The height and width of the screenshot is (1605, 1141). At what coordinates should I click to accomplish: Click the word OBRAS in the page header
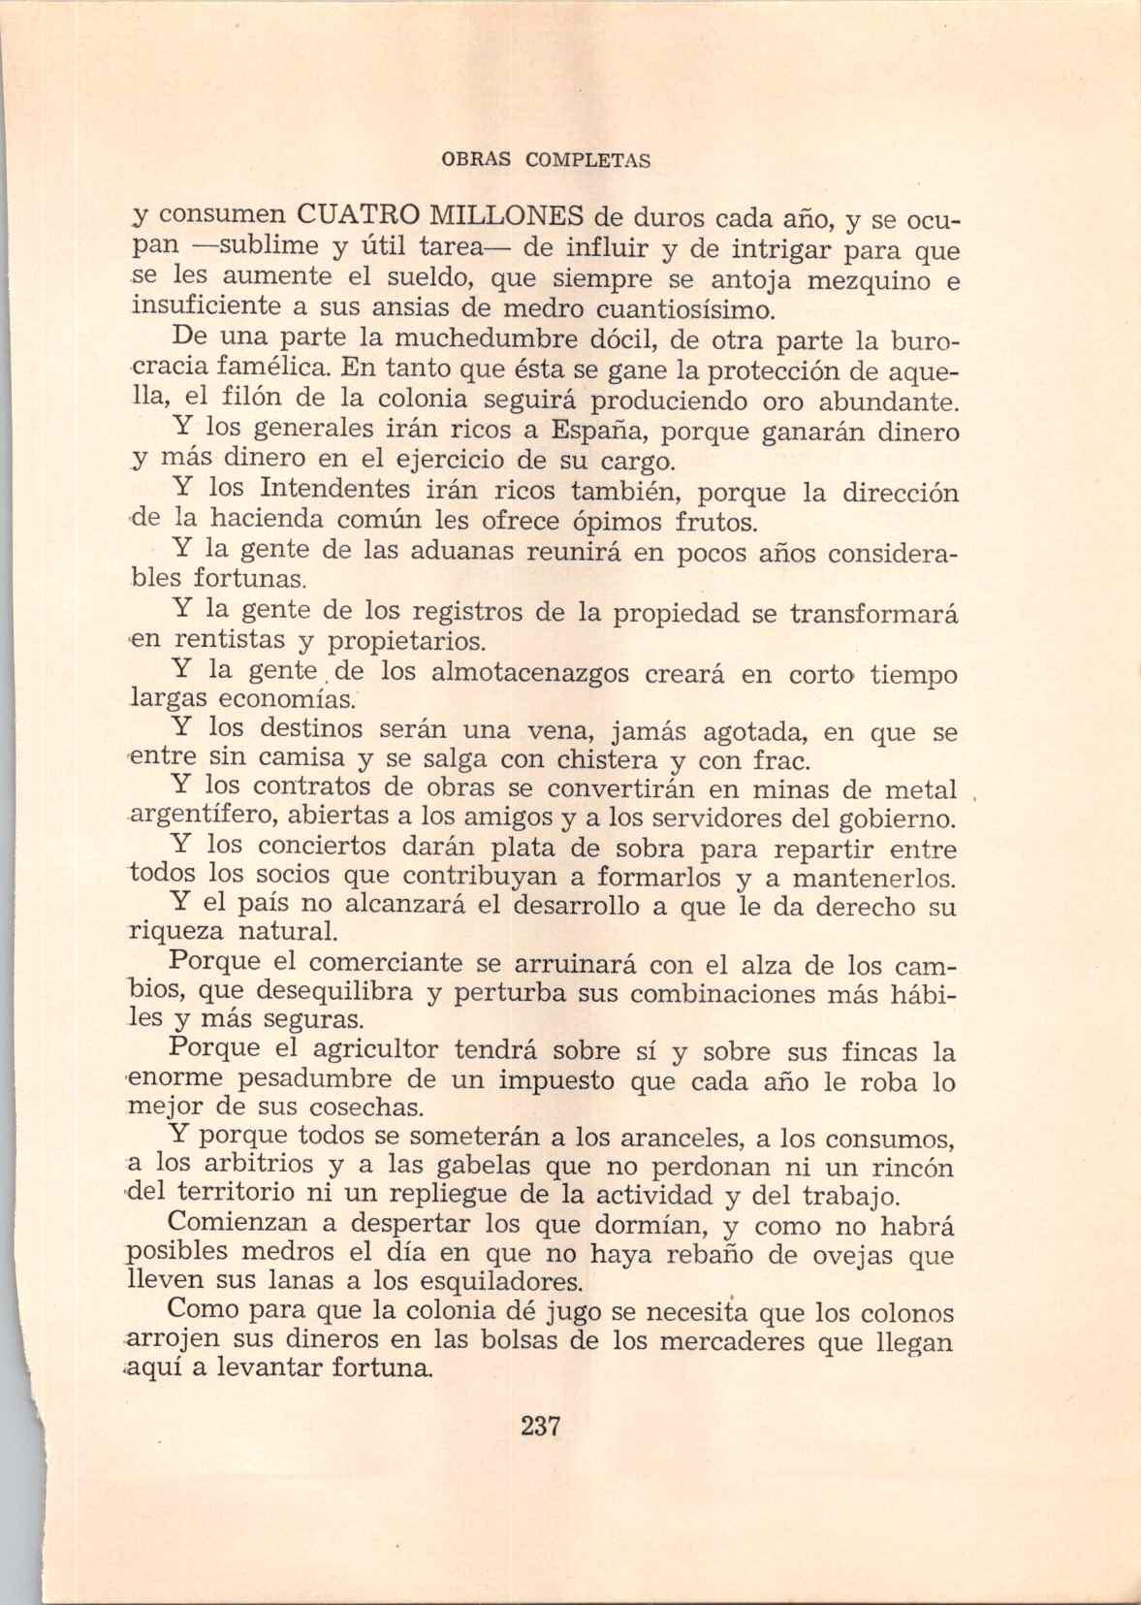(475, 160)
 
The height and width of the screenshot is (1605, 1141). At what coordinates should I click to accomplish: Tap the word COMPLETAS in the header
(587, 160)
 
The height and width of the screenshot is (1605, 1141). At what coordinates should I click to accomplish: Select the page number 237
(541, 1427)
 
